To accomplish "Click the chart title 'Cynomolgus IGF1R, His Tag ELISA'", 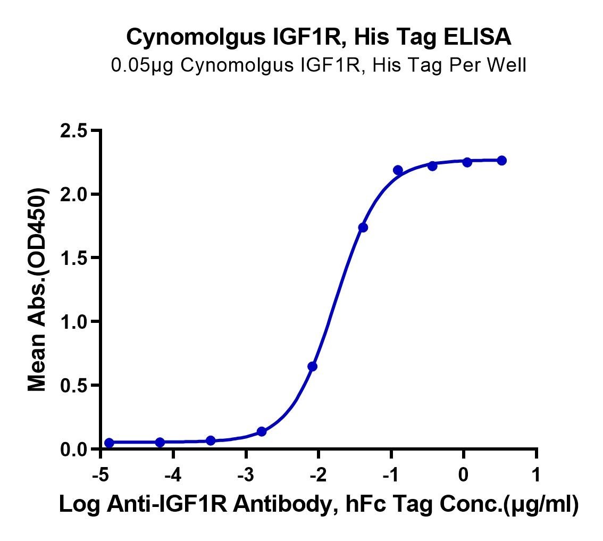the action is pos(319,37).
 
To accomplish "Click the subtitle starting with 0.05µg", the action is pos(319,65).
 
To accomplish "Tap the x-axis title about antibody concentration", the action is pos(319,504).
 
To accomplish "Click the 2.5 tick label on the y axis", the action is pos(74,131).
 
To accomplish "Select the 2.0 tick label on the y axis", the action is pos(74,195).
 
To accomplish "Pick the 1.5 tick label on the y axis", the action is pos(74,258).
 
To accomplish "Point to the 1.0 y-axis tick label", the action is pos(74,322).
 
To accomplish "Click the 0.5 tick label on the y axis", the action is pos(74,385).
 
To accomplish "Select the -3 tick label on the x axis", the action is pos(245,476).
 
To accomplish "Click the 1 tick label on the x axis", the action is pos(535,476).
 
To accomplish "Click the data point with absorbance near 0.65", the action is pos(312,367).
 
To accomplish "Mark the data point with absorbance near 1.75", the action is pos(363,227).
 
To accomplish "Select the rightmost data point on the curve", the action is pos(501,161).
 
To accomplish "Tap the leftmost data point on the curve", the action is pos(109,443).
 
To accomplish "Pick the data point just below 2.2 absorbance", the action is pos(398,170).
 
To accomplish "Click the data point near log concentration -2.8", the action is pos(262,432).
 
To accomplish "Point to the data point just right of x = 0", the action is pos(467,162).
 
